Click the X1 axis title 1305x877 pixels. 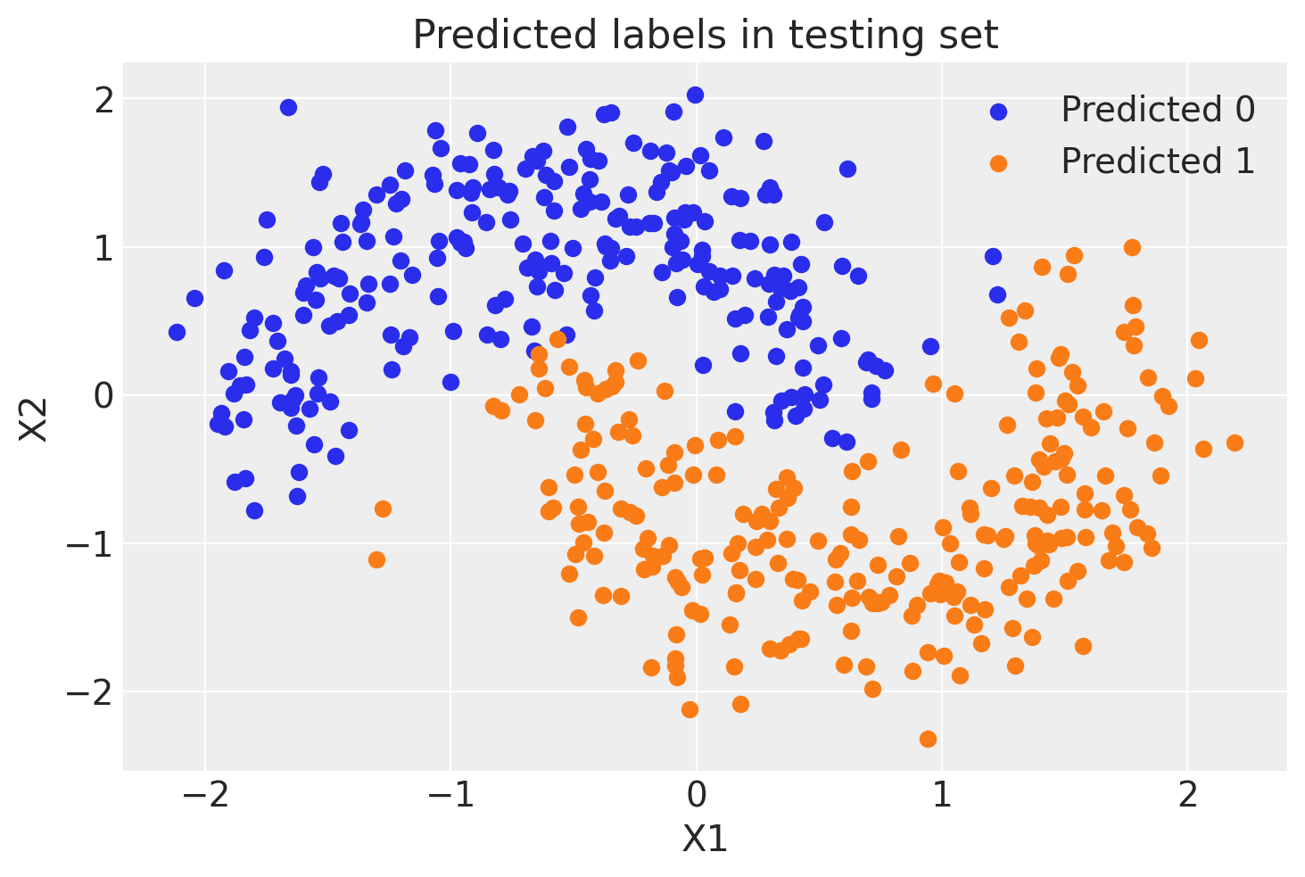(705, 840)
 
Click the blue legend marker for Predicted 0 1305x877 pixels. (998, 111)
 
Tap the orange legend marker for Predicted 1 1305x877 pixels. (998, 162)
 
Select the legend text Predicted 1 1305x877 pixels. (1157, 162)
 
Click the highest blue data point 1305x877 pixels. (695, 95)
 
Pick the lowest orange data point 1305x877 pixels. (928, 739)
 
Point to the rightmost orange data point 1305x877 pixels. (1235, 443)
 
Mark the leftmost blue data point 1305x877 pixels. (177, 332)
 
